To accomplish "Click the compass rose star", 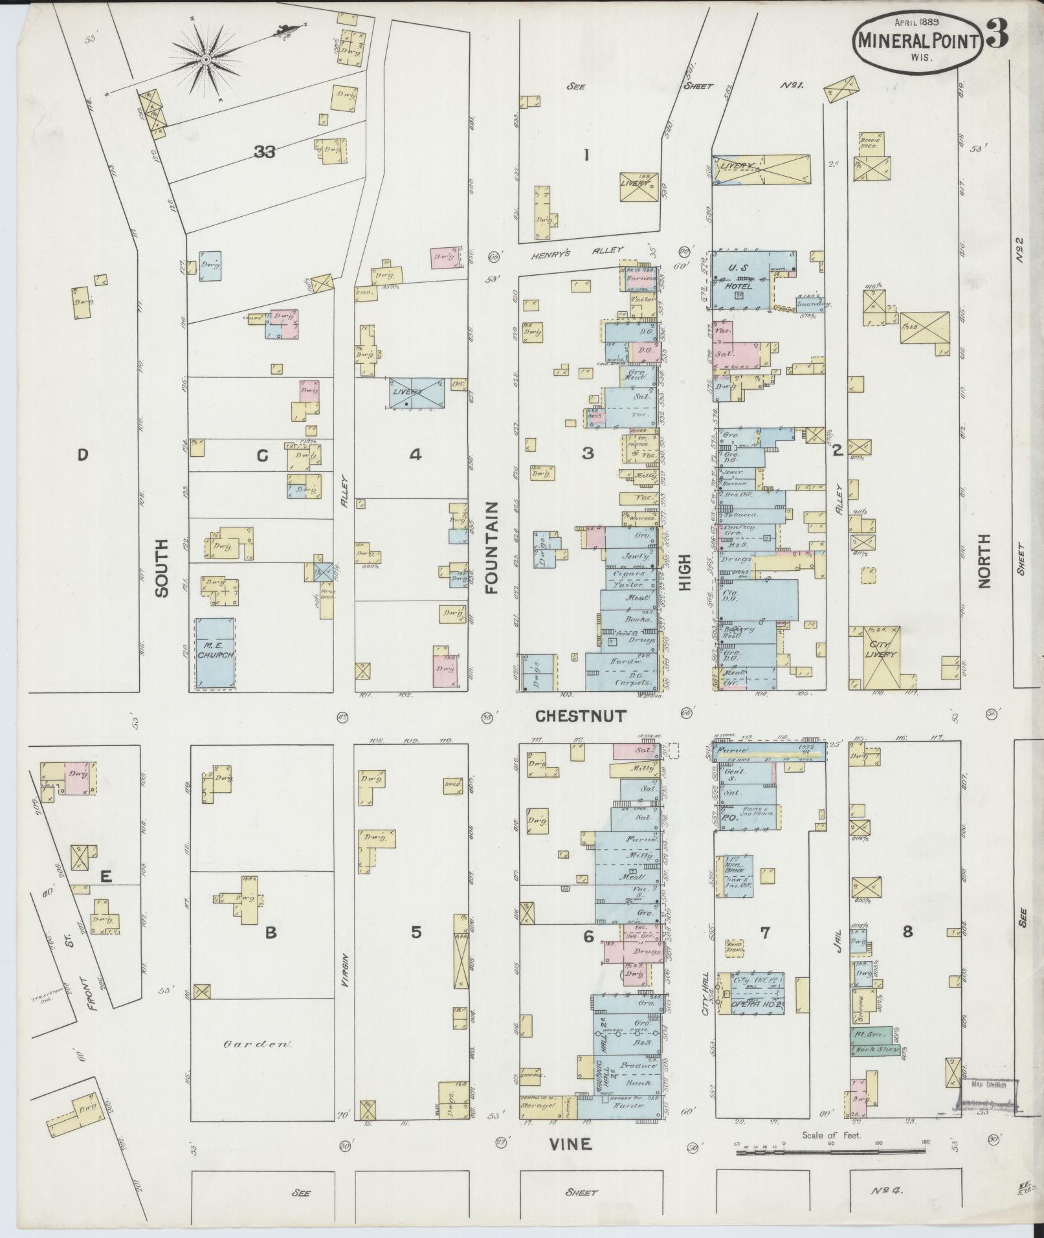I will pyautogui.click(x=206, y=60).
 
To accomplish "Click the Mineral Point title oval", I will pyautogui.click(x=918, y=40).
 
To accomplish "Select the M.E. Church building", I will pyautogui.click(x=215, y=654).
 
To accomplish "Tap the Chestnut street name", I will pyautogui.click(x=581, y=716).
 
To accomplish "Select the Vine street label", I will pyautogui.click(x=570, y=1144).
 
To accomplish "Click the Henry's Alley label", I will pyautogui.click(x=577, y=250).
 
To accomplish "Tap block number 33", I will pyautogui.click(x=265, y=152).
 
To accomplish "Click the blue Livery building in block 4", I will pyautogui.click(x=416, y=392).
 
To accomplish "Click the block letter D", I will pyautogui.click(x=82, y=455).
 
